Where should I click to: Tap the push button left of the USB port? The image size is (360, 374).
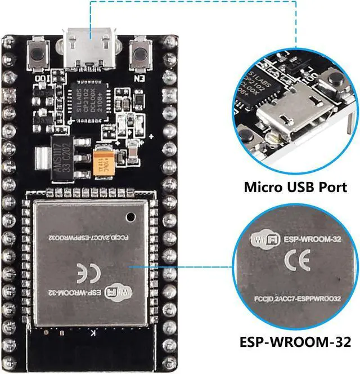click(39, 55)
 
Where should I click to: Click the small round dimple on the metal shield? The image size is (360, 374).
click(130, 216)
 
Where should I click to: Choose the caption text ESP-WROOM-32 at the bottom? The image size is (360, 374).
click(295, 342)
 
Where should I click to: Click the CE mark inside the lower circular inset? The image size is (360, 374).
click(296, 260)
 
